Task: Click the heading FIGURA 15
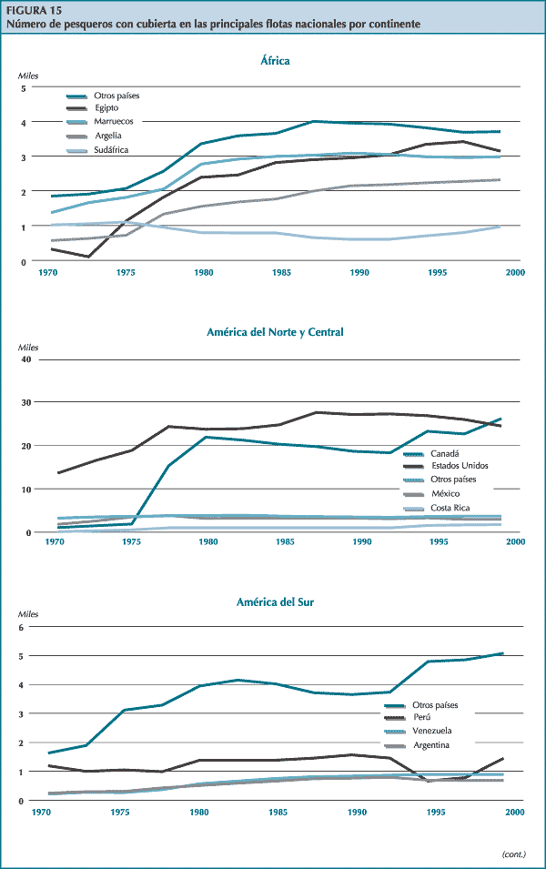tap(32, 11)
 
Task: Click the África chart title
tap(274, 61)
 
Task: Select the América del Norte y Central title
tap(275, 332)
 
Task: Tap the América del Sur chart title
tap(274, 601)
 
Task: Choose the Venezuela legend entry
tap(431, 731)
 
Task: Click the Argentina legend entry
tap(432, 745)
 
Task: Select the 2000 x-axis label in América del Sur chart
tap(515, 811)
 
